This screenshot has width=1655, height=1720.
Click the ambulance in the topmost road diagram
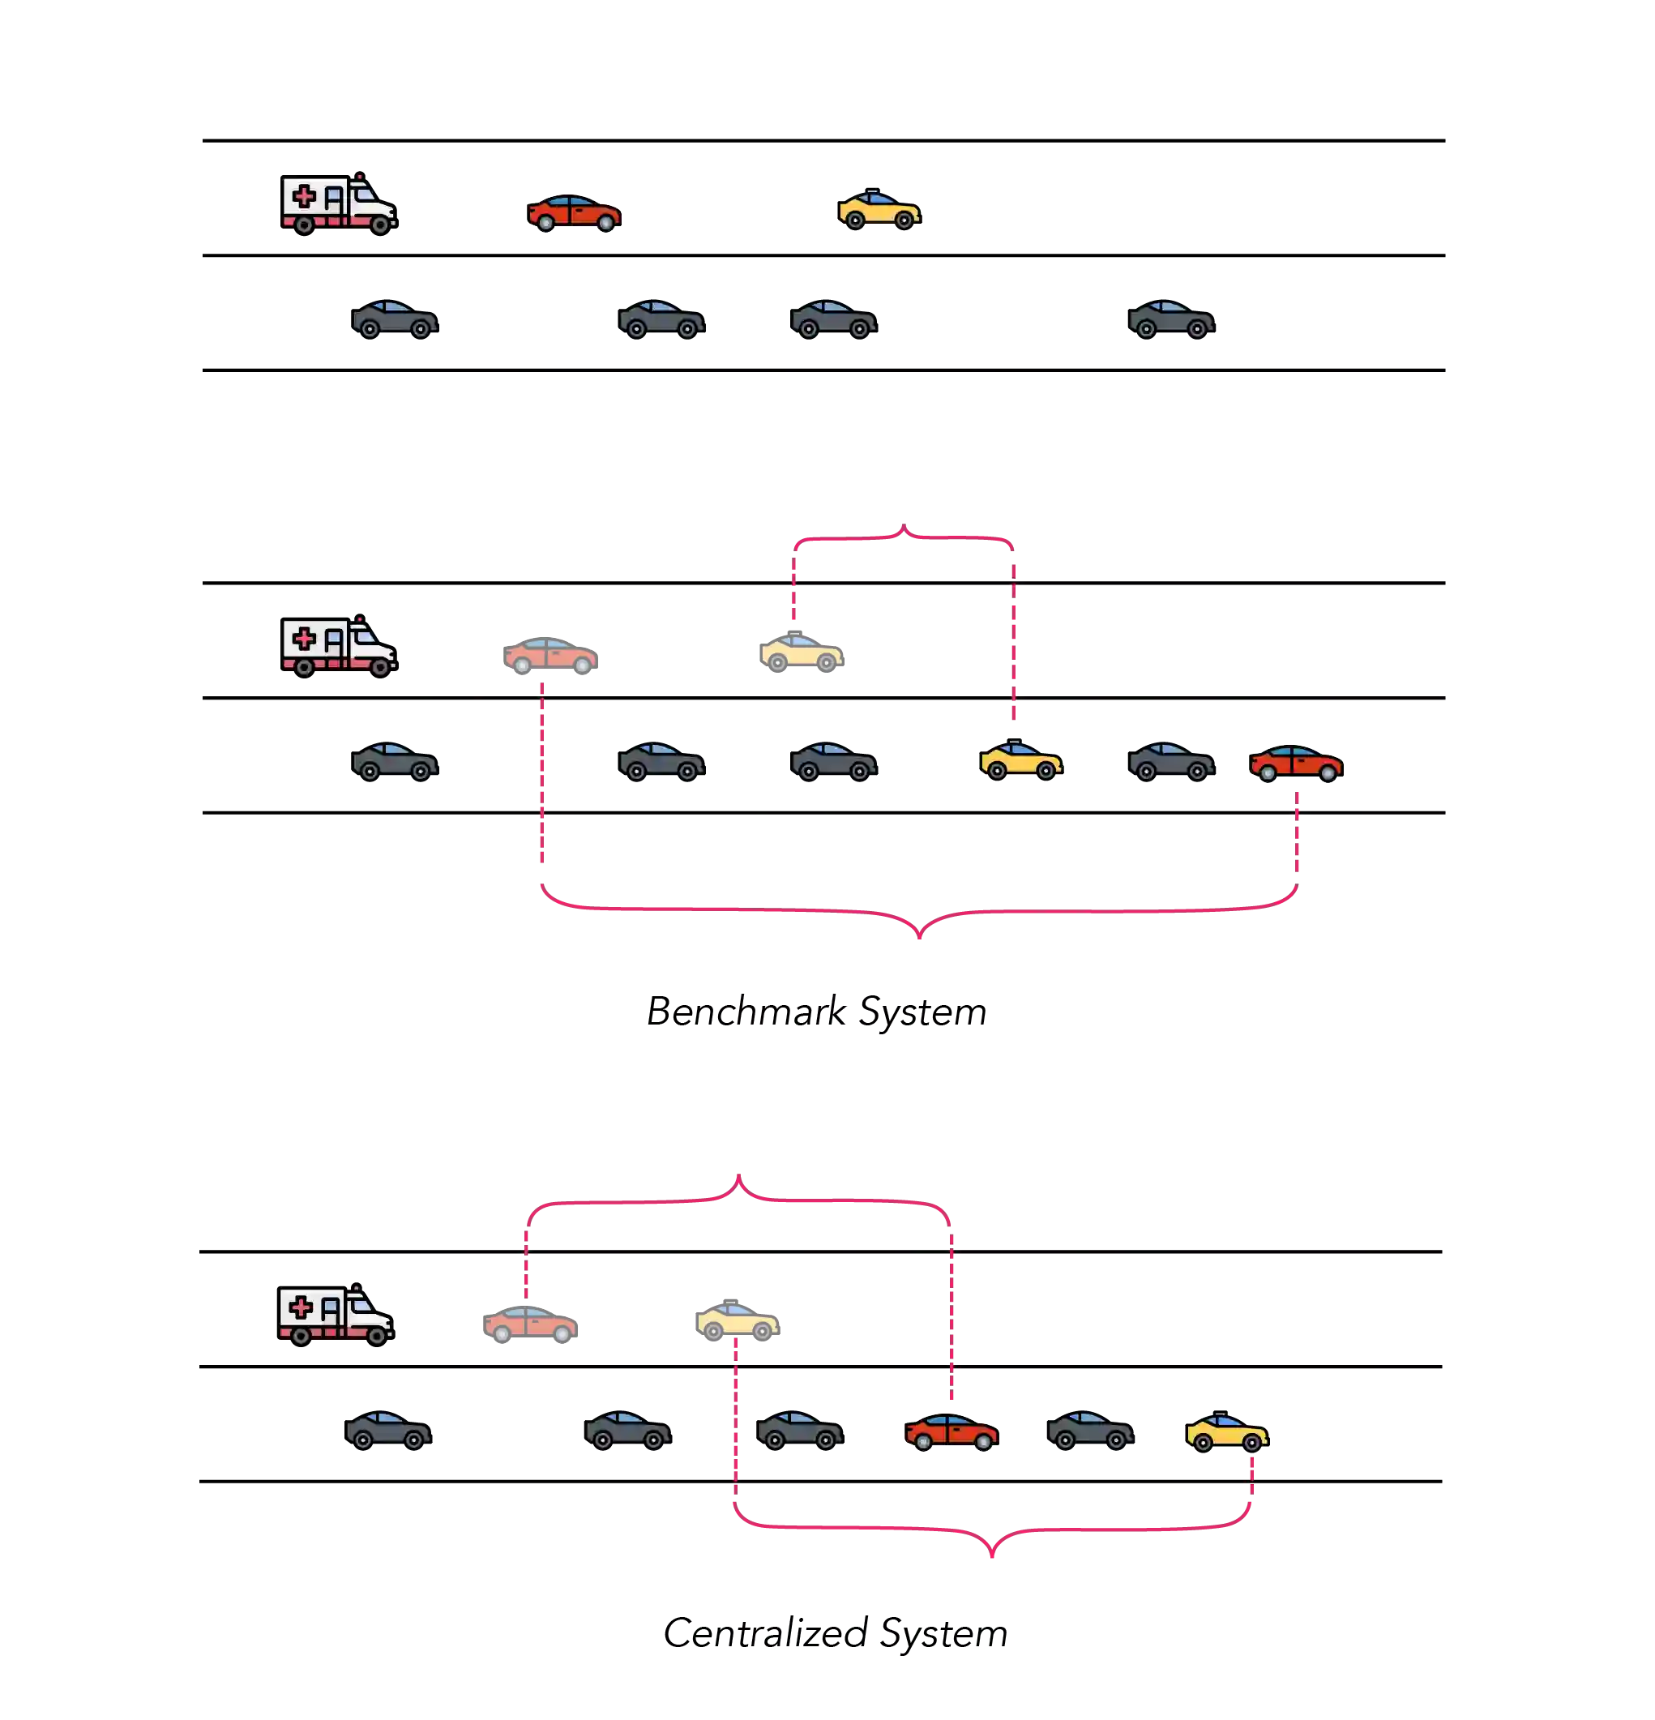(340, 204)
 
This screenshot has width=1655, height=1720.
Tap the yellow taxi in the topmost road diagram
(880, 209)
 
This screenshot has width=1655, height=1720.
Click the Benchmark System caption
(814, 1012)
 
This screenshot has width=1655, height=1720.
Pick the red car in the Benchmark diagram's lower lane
(1296, 762)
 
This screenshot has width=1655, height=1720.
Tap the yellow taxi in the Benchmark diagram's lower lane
(1022, 759)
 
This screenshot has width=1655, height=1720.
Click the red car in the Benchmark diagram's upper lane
(550, 656)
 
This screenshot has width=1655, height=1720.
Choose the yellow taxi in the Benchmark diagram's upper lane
(802, 652)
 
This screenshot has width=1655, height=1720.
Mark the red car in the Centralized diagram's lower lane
(952, 1431)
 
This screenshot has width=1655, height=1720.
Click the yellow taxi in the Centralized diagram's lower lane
(1224, 1431)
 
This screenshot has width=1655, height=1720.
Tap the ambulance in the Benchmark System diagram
(340, 646)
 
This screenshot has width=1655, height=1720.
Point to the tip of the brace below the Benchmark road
(919, 935)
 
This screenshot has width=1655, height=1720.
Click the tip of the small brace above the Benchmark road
(904, 524)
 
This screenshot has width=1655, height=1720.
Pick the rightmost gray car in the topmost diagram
(1169, 321)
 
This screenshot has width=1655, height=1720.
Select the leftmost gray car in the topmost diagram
(395, 321)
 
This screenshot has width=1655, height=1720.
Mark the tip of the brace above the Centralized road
(739, 1177)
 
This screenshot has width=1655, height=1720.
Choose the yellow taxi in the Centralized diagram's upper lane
(738, 1320)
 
